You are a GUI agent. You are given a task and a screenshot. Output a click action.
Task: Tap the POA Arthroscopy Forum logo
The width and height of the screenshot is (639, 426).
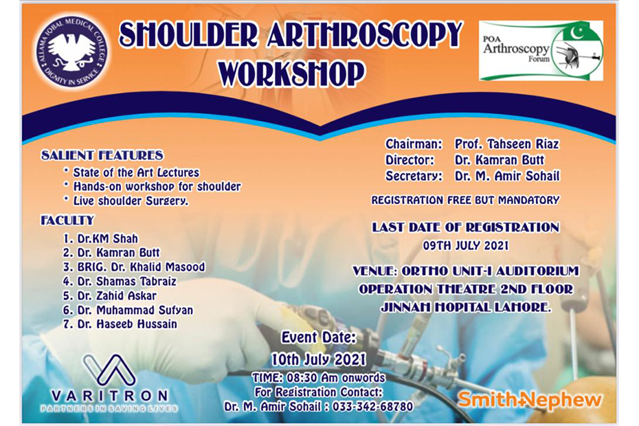tap(541, 51)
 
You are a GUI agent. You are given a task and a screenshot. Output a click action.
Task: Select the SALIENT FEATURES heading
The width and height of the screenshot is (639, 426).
tap(102, 155)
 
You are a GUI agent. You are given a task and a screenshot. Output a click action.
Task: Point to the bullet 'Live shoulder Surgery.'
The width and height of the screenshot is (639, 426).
tap(131, 201)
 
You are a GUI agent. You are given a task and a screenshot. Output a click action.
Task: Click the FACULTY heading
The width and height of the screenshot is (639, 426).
tap(67, 221)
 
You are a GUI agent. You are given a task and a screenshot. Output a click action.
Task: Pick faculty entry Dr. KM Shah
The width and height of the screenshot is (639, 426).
tap(100, 238)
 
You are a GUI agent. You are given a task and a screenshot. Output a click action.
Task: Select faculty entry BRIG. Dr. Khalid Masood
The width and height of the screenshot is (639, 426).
tap(134, 267)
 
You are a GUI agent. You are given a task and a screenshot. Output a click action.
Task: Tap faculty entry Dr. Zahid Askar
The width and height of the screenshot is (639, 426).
tap(110, 295)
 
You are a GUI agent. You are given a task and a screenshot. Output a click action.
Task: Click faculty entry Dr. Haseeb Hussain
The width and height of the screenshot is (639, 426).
tap(120, 324)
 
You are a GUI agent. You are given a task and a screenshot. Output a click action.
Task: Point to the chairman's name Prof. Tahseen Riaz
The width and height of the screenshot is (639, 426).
tap(507, 144)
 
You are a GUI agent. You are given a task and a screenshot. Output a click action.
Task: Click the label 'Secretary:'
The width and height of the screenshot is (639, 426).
tap(414, 176)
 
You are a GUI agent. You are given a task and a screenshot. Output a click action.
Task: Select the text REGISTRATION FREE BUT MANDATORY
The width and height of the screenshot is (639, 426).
tap(465, 200)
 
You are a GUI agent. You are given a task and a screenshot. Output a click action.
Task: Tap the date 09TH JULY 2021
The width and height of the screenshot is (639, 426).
tap(465, 246)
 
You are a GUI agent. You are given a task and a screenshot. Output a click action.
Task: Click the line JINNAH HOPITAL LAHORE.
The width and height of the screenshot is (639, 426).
tap(465, 307)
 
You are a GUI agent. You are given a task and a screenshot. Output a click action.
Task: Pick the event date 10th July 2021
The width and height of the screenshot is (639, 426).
tap(319, 359)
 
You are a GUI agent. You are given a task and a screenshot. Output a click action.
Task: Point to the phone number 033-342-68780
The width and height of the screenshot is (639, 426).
tap(372, 407)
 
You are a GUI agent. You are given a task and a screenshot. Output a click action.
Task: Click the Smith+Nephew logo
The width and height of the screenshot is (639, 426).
tap(529, 400)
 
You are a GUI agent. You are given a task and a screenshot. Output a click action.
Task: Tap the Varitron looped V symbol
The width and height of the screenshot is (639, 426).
tap(109, 370)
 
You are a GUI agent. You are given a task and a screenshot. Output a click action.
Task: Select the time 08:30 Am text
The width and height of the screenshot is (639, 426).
tap(312, 378)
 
